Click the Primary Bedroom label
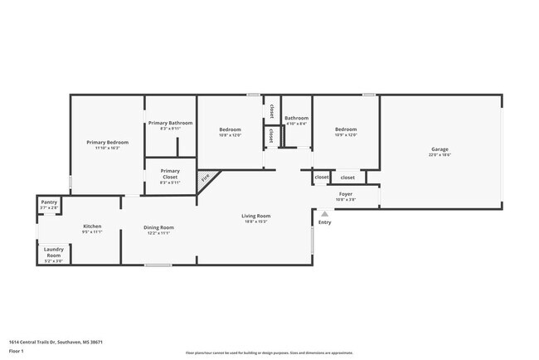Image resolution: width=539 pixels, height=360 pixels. pos(107,142)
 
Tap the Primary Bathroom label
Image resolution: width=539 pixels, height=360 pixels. pos(170,123)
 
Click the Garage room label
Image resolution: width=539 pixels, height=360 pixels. pos(439,149)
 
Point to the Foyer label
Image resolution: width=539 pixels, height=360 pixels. pos(345,194)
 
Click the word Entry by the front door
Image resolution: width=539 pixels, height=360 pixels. pos(324,221)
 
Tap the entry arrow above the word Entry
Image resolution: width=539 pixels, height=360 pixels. pos(324,213)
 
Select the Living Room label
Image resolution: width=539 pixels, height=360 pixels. pos(256,216)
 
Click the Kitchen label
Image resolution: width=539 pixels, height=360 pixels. pos(92,226)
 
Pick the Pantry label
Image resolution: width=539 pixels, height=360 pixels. pos(49,202)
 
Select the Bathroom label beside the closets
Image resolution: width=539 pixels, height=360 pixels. pos(296,118)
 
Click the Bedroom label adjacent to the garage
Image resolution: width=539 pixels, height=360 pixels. pos(346,129)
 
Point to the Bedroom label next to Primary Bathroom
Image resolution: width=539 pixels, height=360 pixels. pos(230,129)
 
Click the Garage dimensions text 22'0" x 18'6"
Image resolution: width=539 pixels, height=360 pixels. pos(439,155)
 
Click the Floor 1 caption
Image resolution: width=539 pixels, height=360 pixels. pos(17,351)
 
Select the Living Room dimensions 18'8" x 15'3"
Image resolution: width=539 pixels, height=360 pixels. pos(256,221)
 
